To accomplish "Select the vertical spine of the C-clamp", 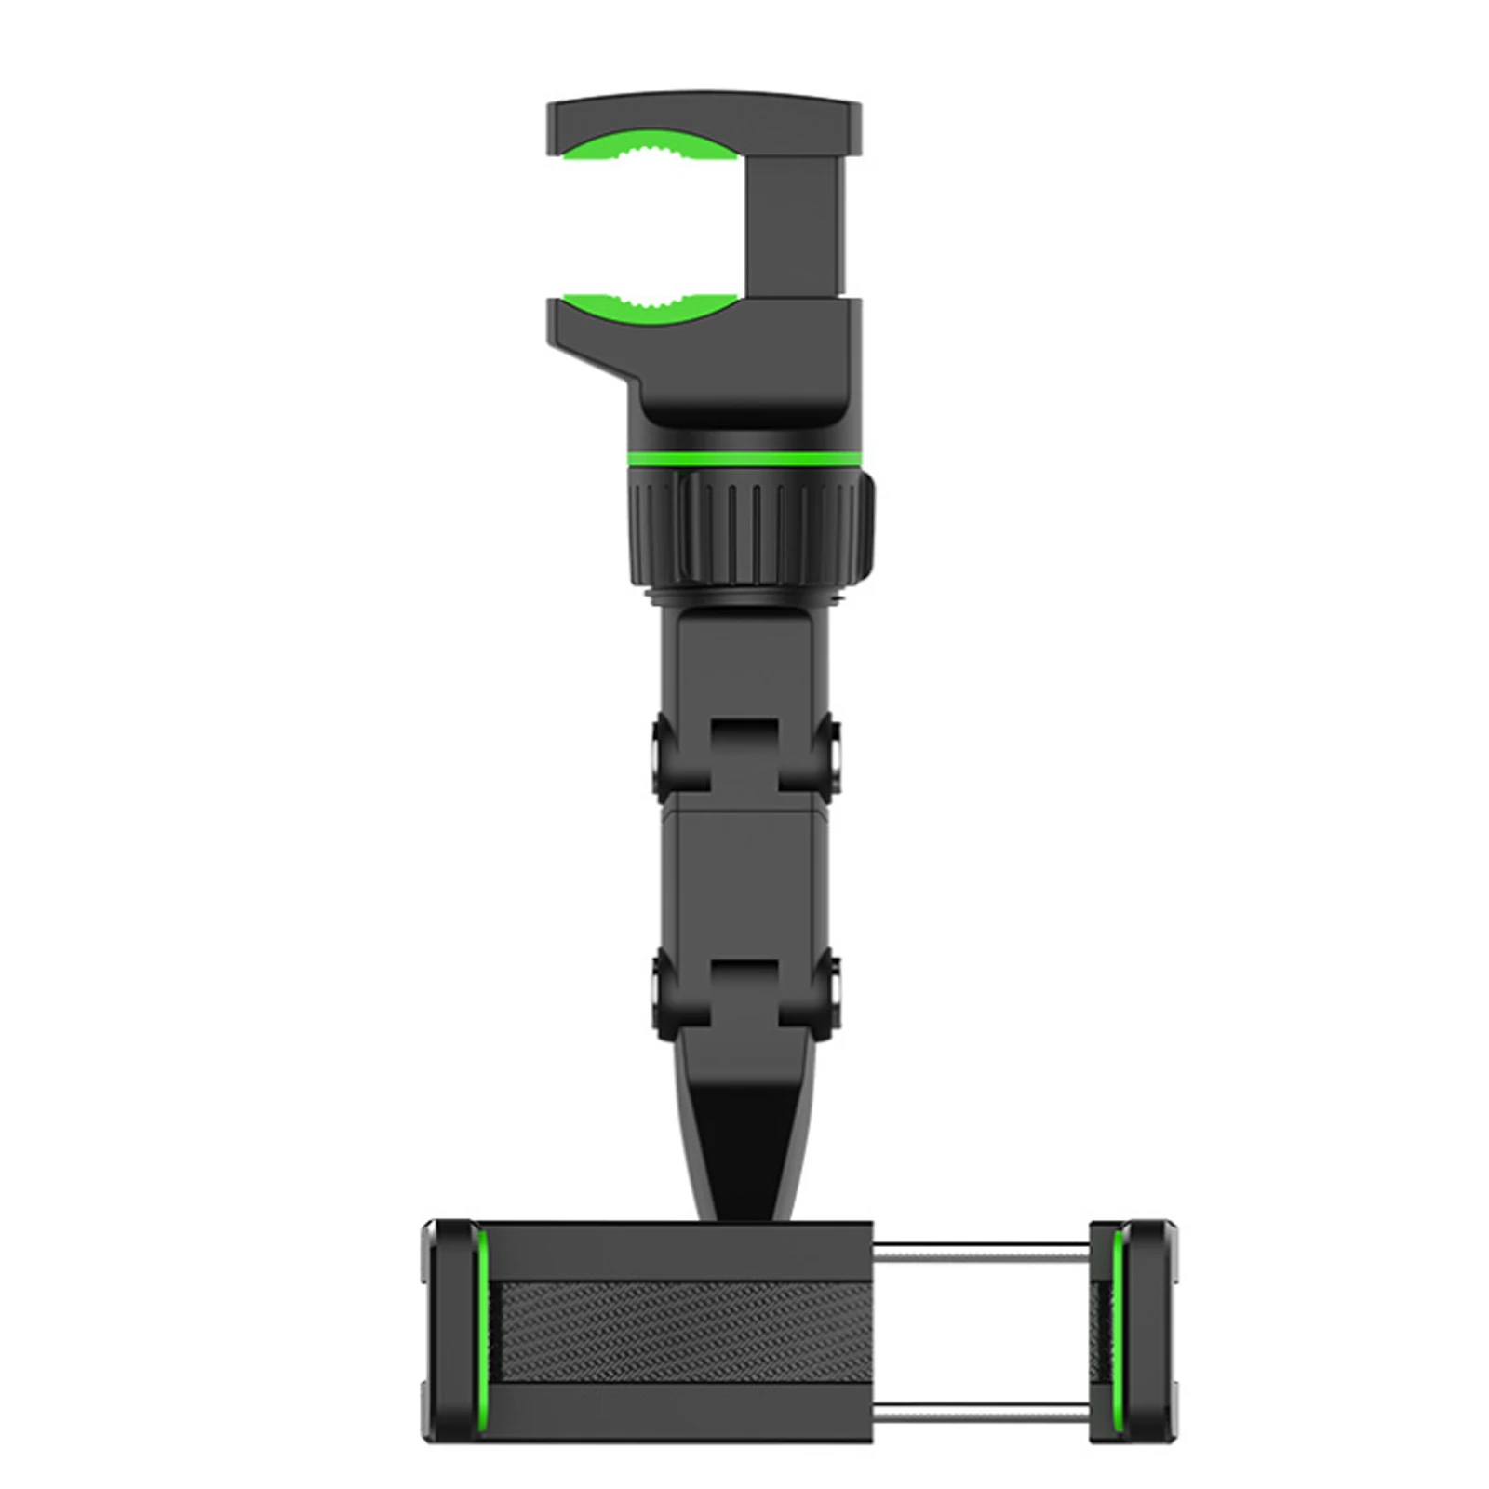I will coord(805,223).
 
